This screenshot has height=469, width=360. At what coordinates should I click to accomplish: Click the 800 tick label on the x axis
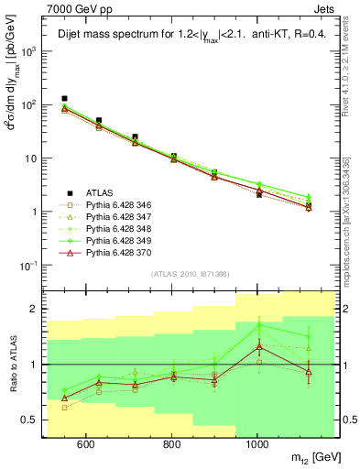[172, 442]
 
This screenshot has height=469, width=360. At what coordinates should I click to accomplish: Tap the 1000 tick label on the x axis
[259, 442]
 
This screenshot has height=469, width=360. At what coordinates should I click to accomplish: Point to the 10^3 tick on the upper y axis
[33, 51]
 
